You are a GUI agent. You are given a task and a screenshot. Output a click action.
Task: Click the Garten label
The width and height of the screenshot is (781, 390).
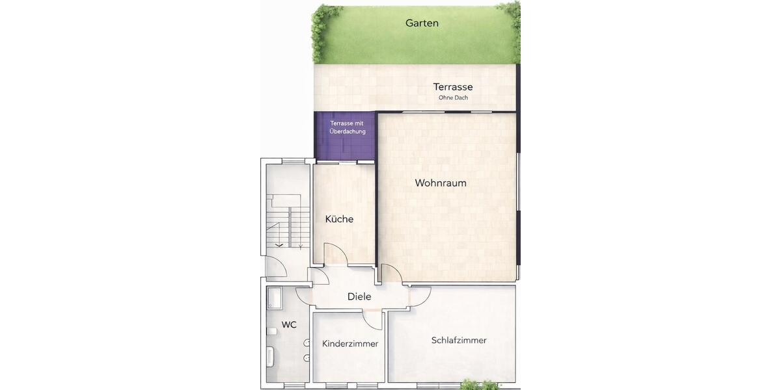pos(422,23)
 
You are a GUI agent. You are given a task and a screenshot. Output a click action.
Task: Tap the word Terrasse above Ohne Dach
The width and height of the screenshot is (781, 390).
pos(453,86)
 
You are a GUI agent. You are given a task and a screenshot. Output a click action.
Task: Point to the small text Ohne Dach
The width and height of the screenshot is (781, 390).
pos(453,98)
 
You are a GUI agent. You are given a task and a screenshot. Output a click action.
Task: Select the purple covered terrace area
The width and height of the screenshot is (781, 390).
pos(346,140)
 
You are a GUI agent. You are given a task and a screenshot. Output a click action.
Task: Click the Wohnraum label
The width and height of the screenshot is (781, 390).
pos(441,183)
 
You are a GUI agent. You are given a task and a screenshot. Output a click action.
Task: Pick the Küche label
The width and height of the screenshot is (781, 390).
pos(339,219)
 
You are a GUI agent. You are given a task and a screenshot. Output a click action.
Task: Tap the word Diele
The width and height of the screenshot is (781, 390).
pos(359,296)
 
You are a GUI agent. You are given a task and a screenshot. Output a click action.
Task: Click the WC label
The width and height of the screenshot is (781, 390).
pos(289,324)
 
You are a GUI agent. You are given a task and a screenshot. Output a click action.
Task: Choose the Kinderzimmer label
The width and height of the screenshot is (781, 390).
pos(350,344)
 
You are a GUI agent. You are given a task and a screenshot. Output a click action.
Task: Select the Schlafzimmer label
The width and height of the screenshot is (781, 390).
pos(459,340)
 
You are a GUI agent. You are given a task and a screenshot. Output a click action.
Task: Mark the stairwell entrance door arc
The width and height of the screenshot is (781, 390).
pos(276,266)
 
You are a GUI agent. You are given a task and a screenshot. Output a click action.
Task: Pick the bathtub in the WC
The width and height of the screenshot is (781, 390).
pos(270,357)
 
